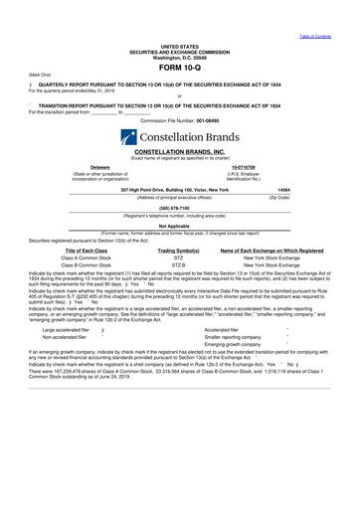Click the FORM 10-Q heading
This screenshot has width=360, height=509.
point(180,67)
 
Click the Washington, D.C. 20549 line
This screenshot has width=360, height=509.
point(180,57)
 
